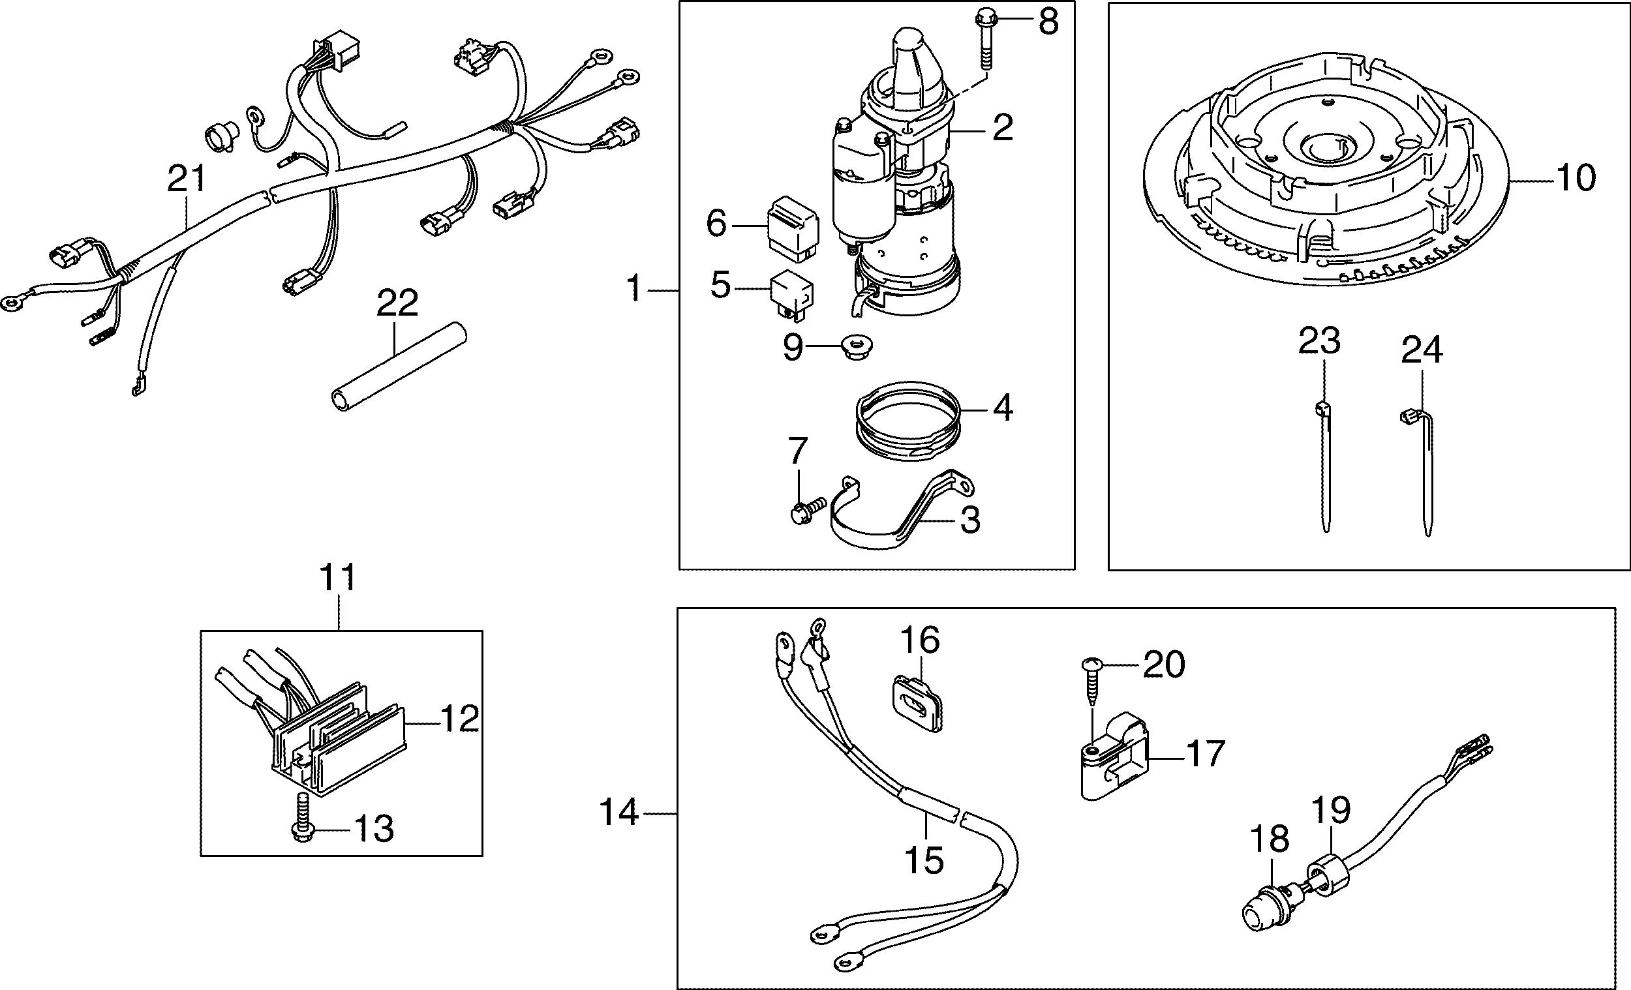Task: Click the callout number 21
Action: pyautogui.click(x=187, y=179)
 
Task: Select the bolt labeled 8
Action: pyautogui.click(x=984, y=40)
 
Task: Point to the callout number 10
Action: pyautogui.click(x=1576, y=178)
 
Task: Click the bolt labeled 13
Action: pyautogui.click(x=302, y=818)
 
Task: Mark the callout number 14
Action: pyautogui.click(x=619, y=812)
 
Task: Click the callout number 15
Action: pyautogui.click(x=924, y=860)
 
